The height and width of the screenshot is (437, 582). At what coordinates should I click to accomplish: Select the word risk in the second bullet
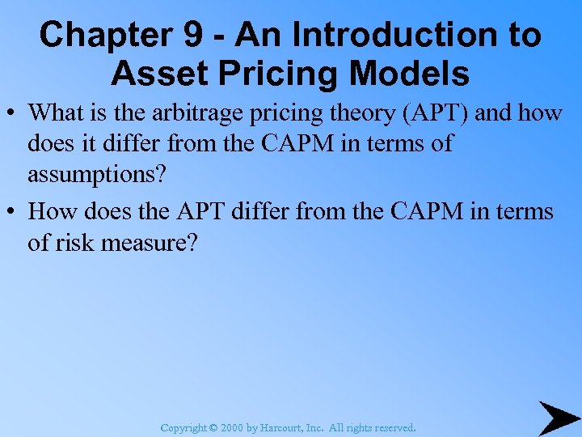point(78,242)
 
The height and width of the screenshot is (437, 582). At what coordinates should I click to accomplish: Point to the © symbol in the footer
point(213,427)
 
